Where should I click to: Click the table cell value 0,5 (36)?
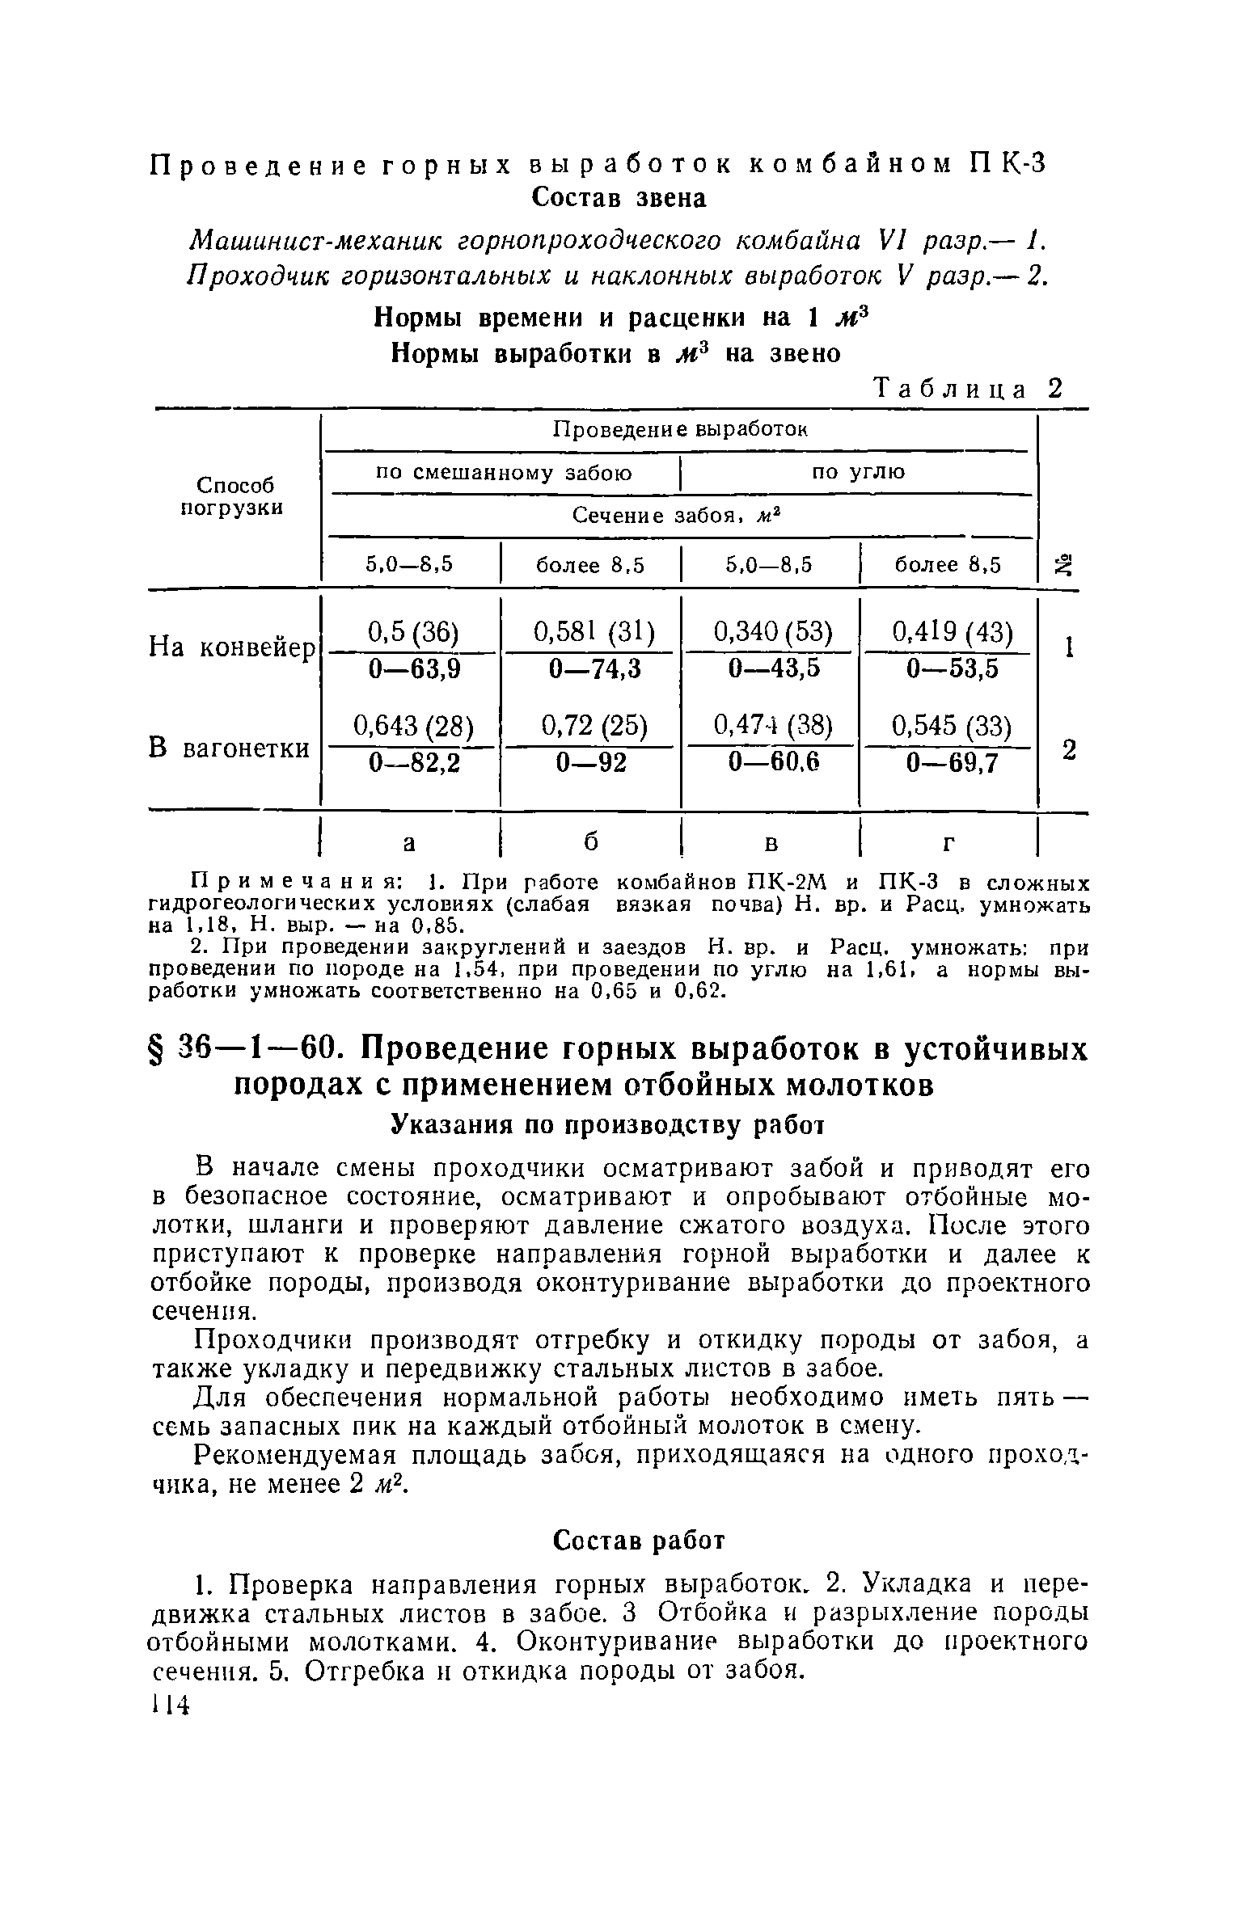point(413,632)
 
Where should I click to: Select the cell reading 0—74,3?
point(594,668)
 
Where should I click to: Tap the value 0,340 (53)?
point(773,632)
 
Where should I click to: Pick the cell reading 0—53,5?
point(952,668)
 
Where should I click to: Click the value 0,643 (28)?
point(413,726)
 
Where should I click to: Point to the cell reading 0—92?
point(594,761)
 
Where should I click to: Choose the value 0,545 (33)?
point(952,726)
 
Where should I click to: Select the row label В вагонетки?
point(230,748)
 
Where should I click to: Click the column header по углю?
point(859,473)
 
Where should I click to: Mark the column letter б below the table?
point(591,841)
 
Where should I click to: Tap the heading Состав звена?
point(619,198)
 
